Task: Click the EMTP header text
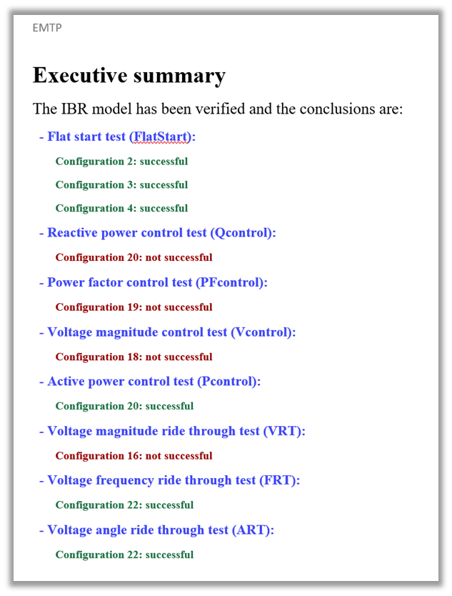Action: (47, 28)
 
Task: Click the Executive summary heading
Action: (129, 75)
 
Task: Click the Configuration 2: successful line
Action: (121, 162)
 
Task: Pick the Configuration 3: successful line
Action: (121, 185)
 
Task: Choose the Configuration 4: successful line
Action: (121, 209)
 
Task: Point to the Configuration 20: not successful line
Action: (134, 257)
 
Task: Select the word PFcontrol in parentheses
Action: (230, 282)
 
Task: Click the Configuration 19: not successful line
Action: (134, 307)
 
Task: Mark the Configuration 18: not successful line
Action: (134, 357)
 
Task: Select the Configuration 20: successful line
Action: (124, 406)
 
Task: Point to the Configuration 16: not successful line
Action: (134, 456)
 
